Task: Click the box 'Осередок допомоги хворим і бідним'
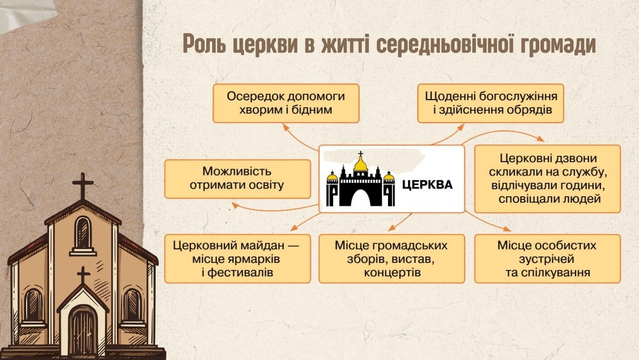pos(286,103)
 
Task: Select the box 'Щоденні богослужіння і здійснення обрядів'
pos(490,103)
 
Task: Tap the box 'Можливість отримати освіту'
pos(237,179)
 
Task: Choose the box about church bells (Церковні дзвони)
pos(547,179)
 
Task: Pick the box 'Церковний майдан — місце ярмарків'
pos(237,259)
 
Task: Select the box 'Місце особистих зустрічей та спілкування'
pos(547,259)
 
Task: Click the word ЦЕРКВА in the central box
pos(427,185)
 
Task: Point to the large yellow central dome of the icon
pos(361,164)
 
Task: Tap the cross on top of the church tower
pos(83,185)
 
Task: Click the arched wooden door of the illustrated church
pos(83,331)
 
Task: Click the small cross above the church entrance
pos(83,275)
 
